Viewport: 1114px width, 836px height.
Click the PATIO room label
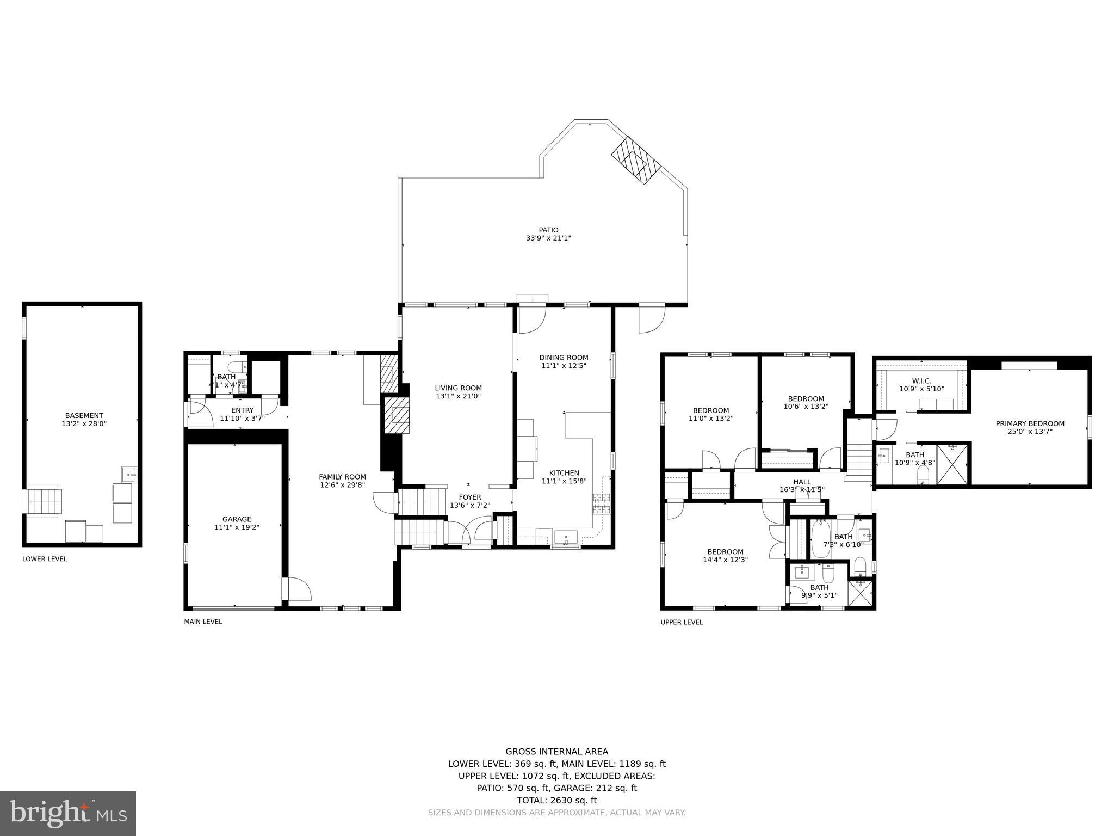click(x=548, y=230)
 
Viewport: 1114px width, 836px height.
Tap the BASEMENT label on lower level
click(x=84, y=415)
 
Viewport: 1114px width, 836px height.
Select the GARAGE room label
click(x=237, y=519)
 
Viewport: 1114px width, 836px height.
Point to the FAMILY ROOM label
click(x=342, y=477)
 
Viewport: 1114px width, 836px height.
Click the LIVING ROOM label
click(x=458, y=388)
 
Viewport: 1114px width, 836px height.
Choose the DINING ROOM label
click(x=564, y=358)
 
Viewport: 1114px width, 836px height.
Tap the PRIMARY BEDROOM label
click(x=1030, y=423)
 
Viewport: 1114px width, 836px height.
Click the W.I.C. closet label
click(x=921, y=381)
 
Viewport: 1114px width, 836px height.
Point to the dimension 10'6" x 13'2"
click(x=806, y=406)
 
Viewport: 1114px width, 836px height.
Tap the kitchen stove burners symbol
click(x=601, y=503)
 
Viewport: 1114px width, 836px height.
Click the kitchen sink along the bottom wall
click(x=566, y=537)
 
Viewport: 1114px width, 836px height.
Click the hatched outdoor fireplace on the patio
click(x=636, y=160)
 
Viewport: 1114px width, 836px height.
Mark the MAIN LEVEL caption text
click(x=203, y=622)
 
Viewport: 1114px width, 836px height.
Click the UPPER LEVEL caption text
click(x=682, y=622)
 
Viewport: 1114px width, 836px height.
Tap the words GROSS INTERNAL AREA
click(x=556, y=752)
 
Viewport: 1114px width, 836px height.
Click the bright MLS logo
click(x=68, y=814)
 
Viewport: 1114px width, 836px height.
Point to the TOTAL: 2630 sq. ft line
click(x=556, y=800)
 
